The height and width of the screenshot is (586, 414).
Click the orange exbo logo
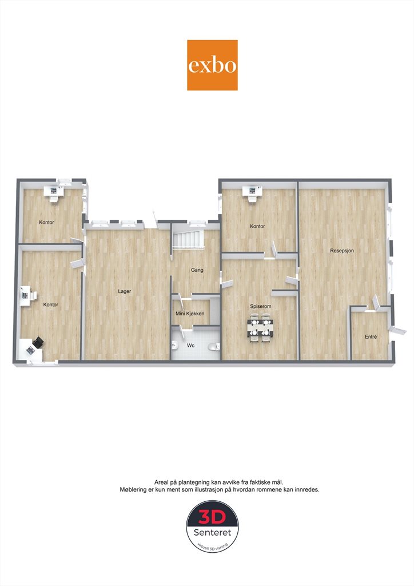click(x=212, y=65)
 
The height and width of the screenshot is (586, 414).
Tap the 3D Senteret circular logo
click(x=212, y=527)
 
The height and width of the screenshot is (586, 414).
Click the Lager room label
click(x=125, y=291)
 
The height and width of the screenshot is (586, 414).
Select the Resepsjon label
click(x=342, y=251)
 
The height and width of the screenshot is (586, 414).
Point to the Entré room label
click(x=371, y=336)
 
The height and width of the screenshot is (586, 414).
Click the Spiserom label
click(x=261, y=307)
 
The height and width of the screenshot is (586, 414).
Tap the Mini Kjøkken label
click(x=190, y=314)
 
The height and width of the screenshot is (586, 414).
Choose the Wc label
click(x=191, y=346)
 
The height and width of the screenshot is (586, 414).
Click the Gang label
click(x=197, y=270)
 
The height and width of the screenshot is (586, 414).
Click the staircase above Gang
click(x=188, y=239)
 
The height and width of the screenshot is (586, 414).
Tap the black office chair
click(x=38, y=342)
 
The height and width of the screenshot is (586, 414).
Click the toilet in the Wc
click(x=214, y=346)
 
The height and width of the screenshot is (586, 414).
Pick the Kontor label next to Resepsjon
click(x=257, y=226)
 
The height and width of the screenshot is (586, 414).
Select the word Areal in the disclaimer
click(x=161, y=482)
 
